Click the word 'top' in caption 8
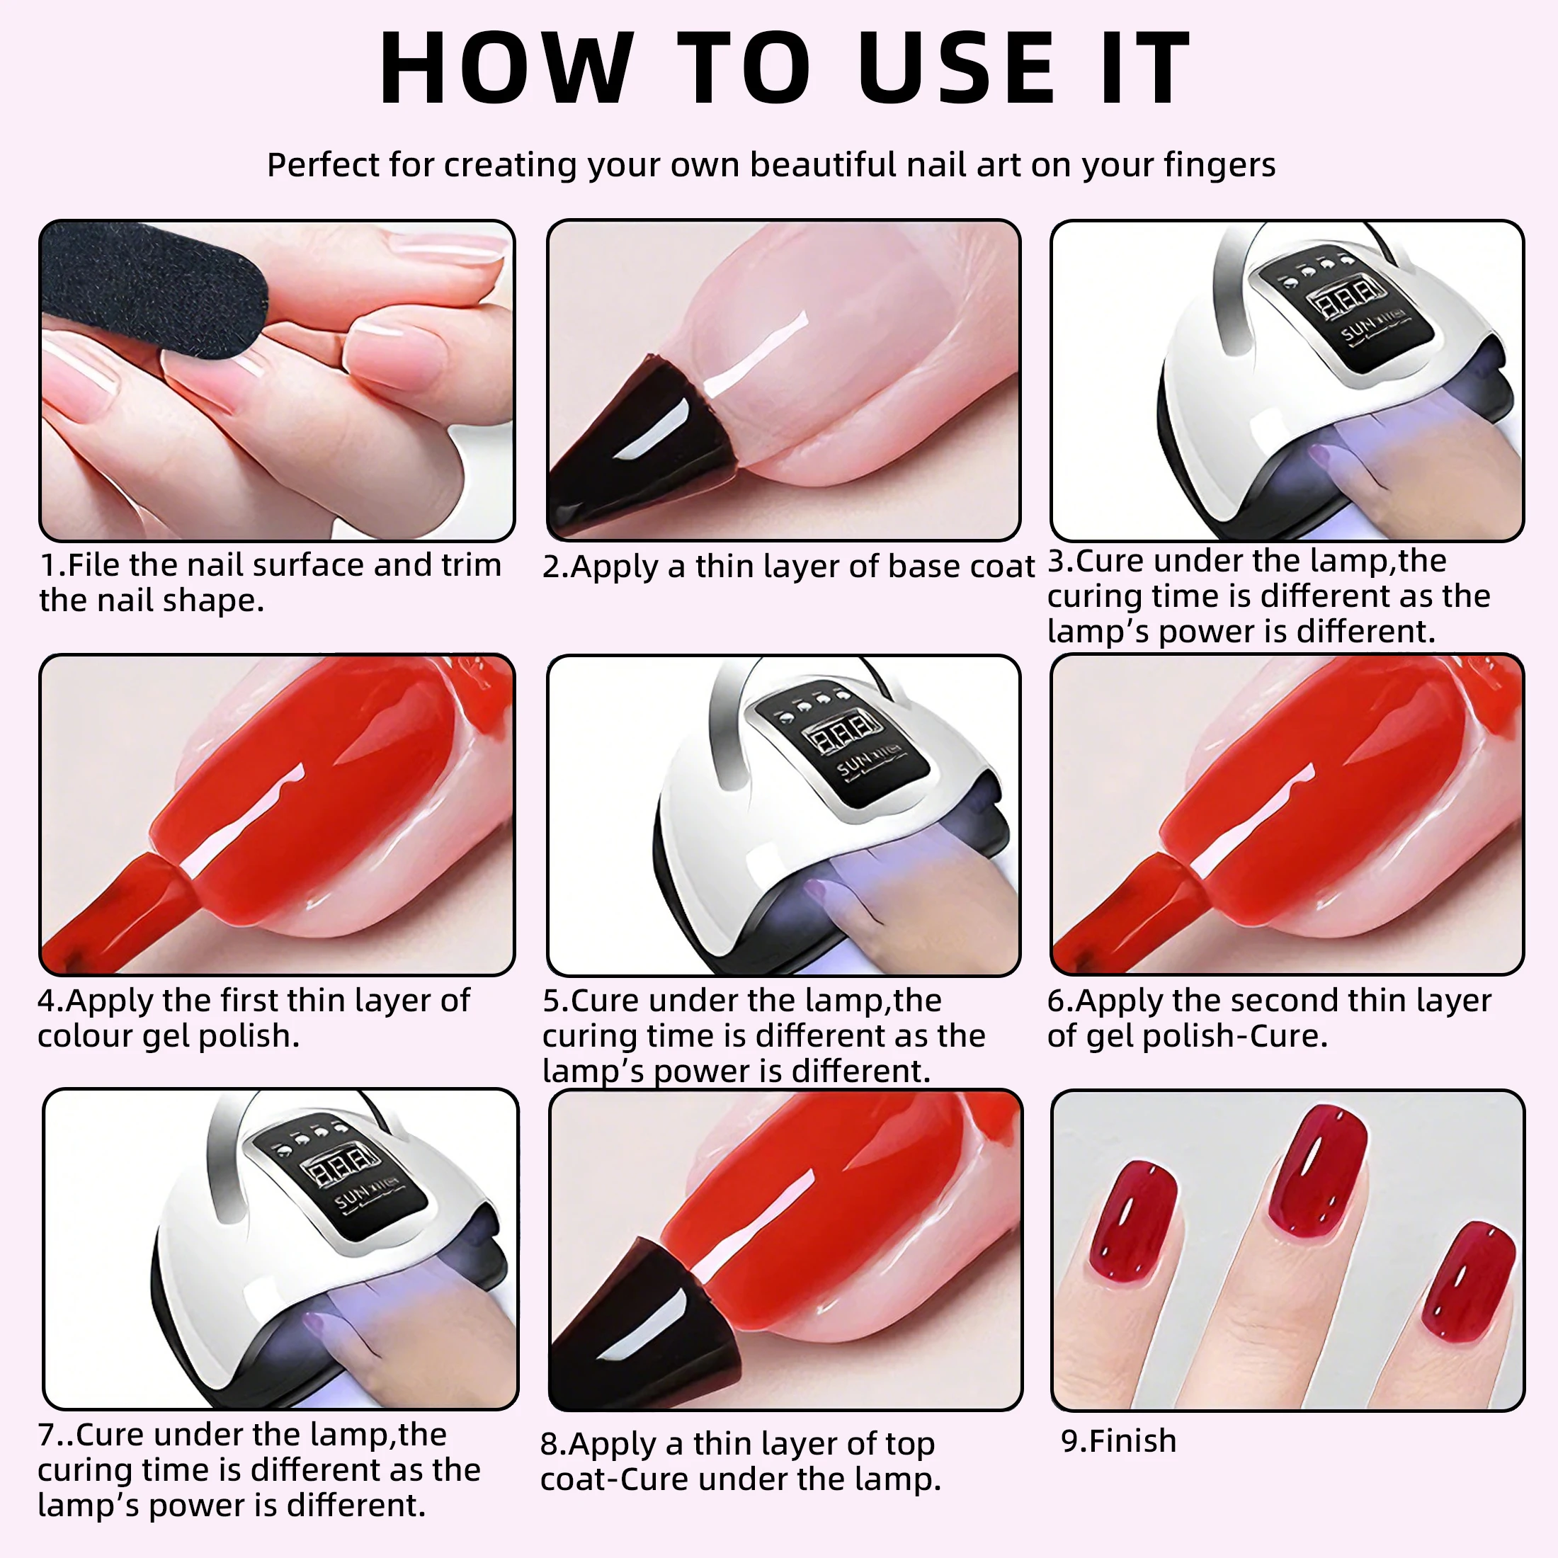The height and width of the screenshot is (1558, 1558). [909, 1443]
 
